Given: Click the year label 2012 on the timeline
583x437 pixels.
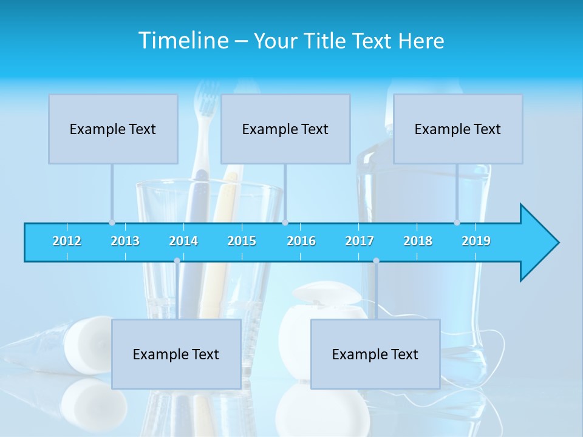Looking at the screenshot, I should pos(67,241).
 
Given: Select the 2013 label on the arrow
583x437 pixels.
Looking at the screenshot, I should pos(125,241).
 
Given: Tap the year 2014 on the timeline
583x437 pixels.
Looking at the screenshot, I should pos(183,241).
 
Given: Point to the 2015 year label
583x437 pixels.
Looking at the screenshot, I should pos(242,241).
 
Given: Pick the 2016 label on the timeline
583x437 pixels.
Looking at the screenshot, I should pos(301,241).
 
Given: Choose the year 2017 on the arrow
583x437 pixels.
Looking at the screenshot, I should pos(360,241).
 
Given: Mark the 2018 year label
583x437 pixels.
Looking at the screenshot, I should pos(418,241).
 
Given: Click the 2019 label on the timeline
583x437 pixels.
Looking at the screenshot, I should pos(476,241).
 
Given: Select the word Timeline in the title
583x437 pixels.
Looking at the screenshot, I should pos(183,41).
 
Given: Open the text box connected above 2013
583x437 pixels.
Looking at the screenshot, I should pos(113,129).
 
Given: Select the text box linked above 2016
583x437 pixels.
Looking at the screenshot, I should pos(285,129).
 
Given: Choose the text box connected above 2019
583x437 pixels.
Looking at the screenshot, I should pos(458,129).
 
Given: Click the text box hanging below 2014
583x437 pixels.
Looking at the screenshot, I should pos(176,354).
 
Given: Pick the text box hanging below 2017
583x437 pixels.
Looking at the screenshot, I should pos(375,354).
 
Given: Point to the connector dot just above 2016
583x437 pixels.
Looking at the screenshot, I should pos(285,222).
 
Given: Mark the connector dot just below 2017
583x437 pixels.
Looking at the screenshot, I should pos(376,260).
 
